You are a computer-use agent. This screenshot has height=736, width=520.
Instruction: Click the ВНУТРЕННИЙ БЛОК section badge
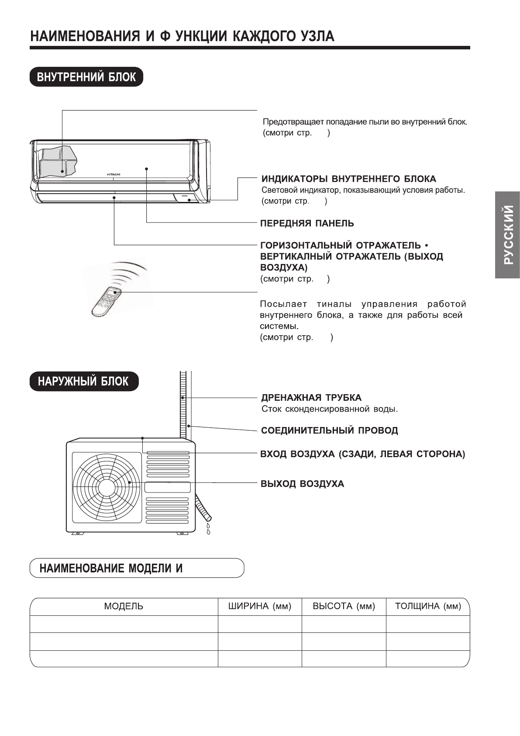point(86,77)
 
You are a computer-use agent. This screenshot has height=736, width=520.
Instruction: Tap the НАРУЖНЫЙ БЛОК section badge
point(83,381)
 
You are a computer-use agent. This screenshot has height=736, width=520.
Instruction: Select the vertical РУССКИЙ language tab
point(507,235)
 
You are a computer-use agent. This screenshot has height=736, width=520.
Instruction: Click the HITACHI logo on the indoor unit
point(114,174)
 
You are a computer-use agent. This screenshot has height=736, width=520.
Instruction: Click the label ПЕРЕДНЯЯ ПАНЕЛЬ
point(307,223)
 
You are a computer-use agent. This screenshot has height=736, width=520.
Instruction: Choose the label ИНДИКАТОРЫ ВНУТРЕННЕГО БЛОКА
point(348,179)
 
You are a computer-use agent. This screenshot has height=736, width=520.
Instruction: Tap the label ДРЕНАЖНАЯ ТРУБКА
point(311,398)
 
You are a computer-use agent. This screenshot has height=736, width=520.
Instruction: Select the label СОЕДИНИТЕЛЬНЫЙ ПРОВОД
point(329,430)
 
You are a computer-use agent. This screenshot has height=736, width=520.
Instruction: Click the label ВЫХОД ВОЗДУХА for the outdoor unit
point(302,484)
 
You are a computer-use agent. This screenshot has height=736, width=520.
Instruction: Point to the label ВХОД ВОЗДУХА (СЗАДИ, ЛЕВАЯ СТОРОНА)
point(362,454)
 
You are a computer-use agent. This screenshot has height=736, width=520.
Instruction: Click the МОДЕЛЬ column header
point(124,606)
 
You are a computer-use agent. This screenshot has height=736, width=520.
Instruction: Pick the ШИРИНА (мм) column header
point(259,606)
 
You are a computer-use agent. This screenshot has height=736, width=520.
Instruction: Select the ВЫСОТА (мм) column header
point(344,606)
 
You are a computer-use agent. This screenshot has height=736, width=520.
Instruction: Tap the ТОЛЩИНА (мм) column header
point(427,606)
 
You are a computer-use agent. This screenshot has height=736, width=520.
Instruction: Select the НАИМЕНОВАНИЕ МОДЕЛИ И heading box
point(137,568)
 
